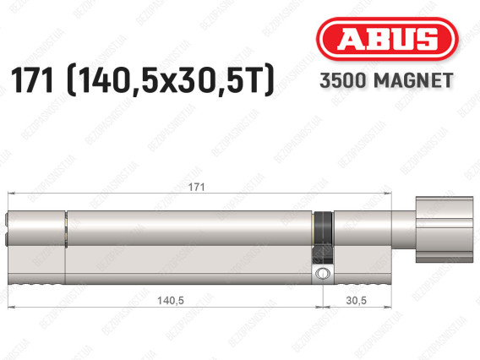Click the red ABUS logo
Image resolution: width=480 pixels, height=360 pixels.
point(387,39)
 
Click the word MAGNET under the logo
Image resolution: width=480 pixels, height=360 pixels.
point(413,80)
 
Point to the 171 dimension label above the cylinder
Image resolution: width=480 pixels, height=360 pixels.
point(196,187)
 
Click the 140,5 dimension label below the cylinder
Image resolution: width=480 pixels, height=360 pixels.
point(171,301)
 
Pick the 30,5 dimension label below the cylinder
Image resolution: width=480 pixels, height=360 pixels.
point(357,301)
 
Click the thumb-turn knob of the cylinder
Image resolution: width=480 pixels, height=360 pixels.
point(445,230)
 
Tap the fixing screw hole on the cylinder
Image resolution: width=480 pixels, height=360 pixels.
point(323,272)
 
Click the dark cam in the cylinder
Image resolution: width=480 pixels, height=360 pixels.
point(323,237)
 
